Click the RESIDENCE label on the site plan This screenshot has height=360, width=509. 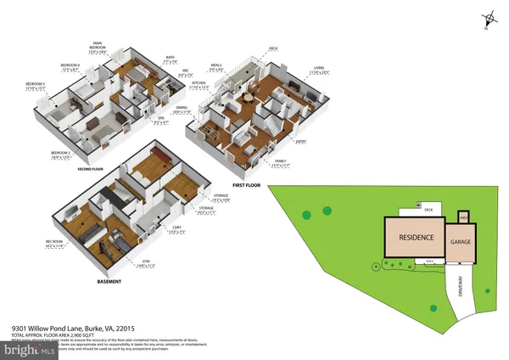pos(417,237)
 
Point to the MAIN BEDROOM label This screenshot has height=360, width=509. pos(101,48)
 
